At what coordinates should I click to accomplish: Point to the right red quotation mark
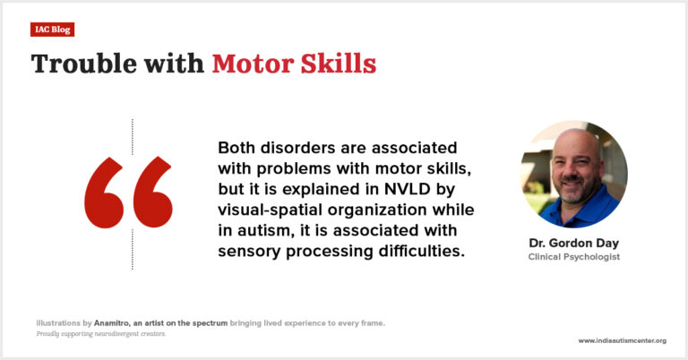pos(151,193)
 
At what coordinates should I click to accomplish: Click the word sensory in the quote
pos(250,251)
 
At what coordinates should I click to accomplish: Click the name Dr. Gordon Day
pos(573,244)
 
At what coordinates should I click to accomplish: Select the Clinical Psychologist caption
pos(573,257)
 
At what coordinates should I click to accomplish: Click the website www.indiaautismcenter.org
pos(622,340)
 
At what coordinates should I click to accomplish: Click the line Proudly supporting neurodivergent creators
pos(101,333)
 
